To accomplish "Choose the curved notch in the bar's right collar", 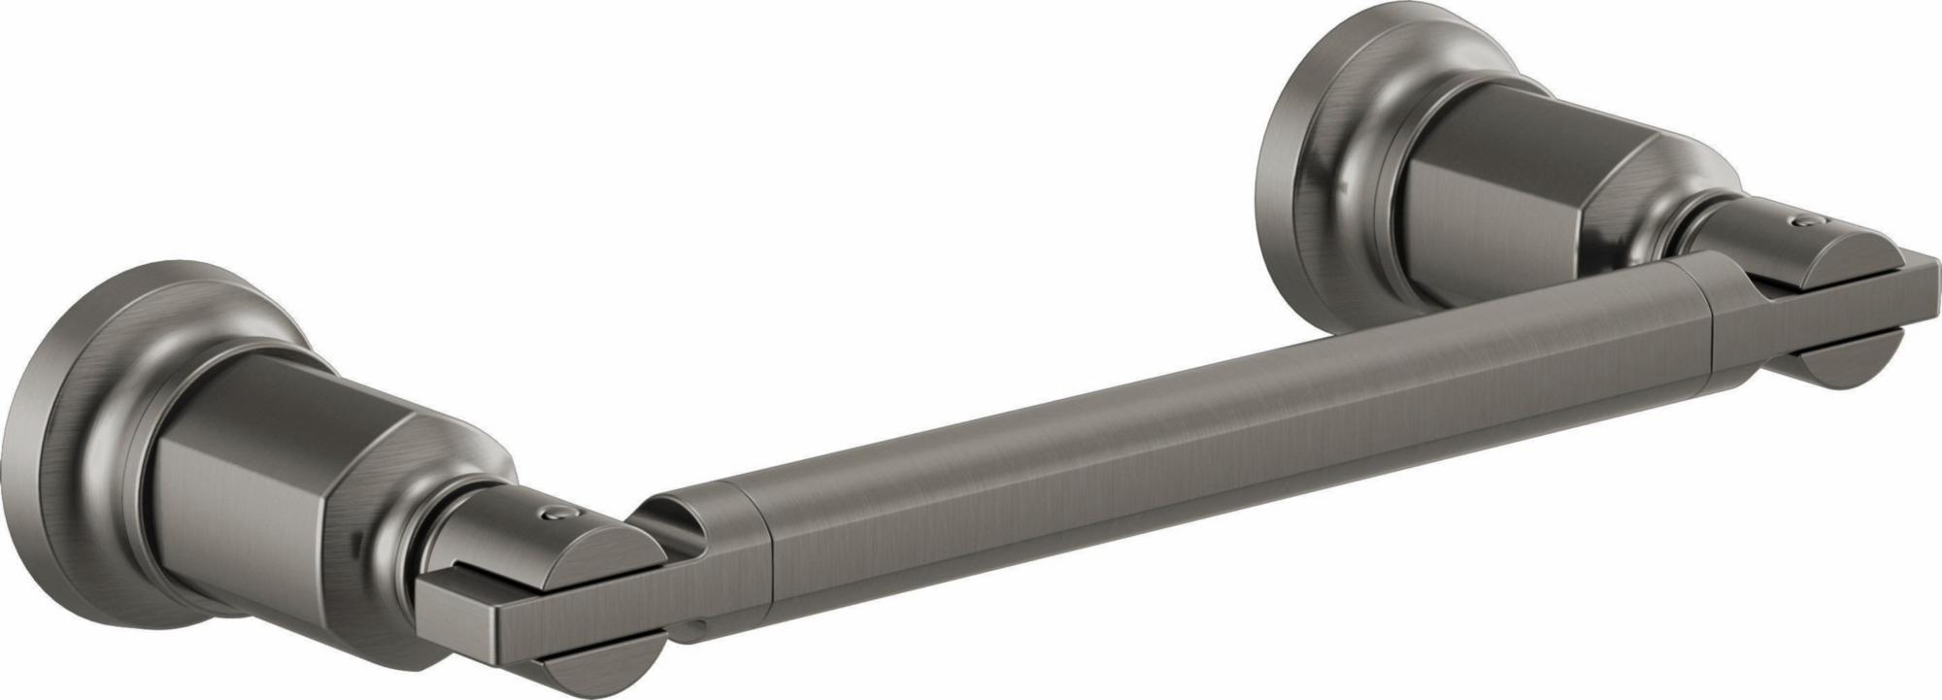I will tap(1758, 291).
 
